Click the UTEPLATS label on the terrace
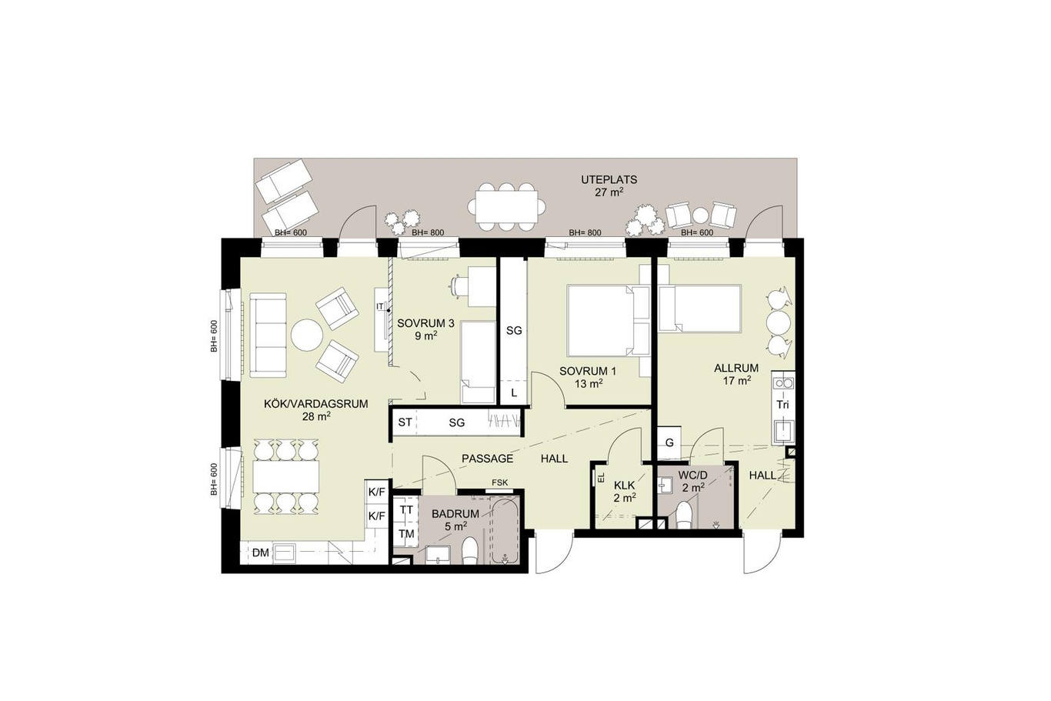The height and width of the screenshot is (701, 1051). [609, 180]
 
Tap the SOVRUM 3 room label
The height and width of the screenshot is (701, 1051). [425, 323]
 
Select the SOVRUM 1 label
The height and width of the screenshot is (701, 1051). [587, 371]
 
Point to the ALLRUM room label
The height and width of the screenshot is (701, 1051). [736, 369]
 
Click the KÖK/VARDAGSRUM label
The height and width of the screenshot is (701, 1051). [315, 404]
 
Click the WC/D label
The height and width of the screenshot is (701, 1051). [692, 476]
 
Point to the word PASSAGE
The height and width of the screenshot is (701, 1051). [488, 459]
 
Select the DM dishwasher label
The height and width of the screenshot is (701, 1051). [260, 552]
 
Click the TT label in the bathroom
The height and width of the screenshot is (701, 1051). [406, 509]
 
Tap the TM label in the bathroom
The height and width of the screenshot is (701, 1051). [406, 533]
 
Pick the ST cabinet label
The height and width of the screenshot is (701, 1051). [405, 422]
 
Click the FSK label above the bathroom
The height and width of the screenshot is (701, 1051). [499, 482]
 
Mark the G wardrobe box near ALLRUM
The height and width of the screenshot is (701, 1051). [669, 442]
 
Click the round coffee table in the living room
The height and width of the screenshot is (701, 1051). [307, 335]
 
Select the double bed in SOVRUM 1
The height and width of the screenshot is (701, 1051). [602, 320]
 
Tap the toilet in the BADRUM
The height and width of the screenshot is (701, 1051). [470, 551]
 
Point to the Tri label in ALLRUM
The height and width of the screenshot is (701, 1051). [782, 405]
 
